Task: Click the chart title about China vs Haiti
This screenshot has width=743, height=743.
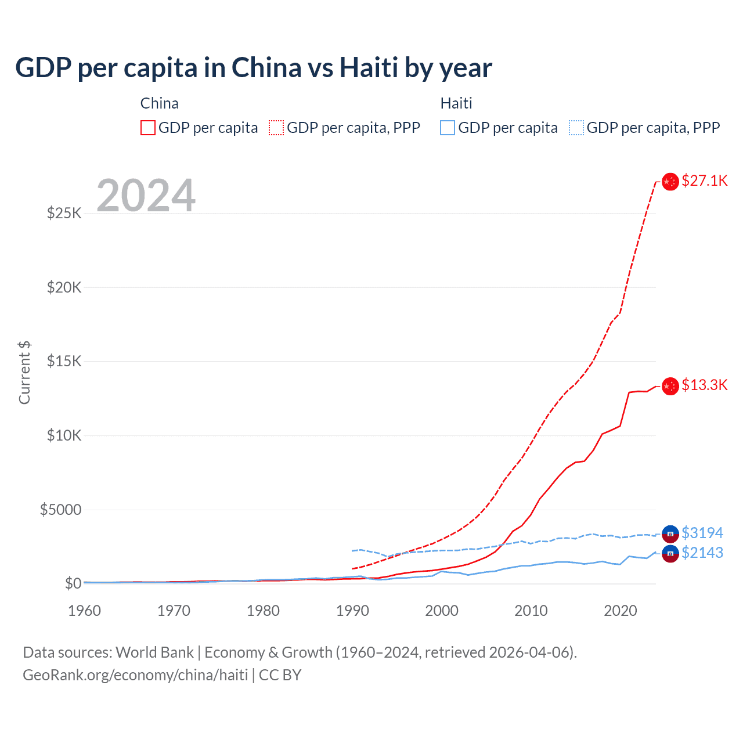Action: click(x=254, y=68)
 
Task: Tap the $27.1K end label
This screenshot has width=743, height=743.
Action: click(x=704, y=181)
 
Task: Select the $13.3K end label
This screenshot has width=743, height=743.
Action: click(x=704, y=385)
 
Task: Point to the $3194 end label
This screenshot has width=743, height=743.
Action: click(x=702, y=533)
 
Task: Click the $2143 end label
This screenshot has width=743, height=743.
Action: click(x=702, y=553)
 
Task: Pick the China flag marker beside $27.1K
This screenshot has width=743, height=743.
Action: click(x=670, y=182)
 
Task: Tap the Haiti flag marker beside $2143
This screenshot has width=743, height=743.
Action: click(x=670, y=554)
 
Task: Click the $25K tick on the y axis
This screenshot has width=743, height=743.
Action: click(x=64, y=213)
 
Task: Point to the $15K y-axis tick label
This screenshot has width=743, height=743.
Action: click(x=64, y=361)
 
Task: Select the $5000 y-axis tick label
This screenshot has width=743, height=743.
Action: click(x=61, y=510)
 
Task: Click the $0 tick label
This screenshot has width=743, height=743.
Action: click(x=73, y=583)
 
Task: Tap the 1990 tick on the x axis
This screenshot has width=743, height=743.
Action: click(x=352, y=611)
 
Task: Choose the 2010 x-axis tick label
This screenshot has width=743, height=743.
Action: click(x=531, y=611)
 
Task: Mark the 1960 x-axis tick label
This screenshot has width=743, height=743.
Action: click(x=85, y=611)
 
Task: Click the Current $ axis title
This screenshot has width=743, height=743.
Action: click(x=24, y=373)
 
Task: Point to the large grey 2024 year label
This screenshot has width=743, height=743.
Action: click(x=146, y=196)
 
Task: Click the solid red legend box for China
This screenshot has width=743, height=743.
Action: click(x=148, y=128)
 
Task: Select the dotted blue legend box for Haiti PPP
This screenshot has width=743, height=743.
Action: click(x=576, y=128)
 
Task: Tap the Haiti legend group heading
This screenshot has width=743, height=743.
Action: click(x=456, y=103)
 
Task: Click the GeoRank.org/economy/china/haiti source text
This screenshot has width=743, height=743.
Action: click(x=135, y=675)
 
